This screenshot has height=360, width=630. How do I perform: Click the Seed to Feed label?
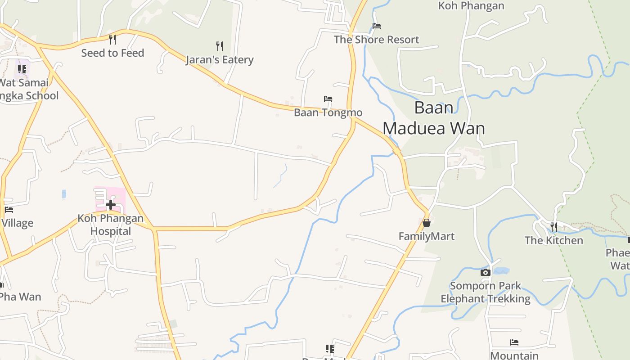(112, 53)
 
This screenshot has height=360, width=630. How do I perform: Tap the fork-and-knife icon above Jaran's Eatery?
(220, 46)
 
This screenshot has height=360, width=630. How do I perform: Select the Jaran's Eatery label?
(220, 60)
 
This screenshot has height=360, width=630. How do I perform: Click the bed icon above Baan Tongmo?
(328, 99)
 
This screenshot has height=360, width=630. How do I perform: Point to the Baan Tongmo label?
(328, 112)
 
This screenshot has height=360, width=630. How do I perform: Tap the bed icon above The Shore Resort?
(377, 26)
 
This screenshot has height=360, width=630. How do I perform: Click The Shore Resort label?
(377, 40)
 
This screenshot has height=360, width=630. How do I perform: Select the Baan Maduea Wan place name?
(434, 118)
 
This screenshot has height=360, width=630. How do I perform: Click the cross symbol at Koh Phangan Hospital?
(110, 205)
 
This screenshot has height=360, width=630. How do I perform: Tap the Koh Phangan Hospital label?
(111, 225)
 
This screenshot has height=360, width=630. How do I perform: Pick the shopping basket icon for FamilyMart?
(427, 223)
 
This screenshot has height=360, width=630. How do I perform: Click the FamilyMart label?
(427, 236)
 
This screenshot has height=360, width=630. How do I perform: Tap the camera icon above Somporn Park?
(485, 272)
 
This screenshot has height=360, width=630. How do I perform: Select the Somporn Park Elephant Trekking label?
(486, 292)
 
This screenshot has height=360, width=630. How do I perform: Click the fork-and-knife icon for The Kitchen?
(554, 226)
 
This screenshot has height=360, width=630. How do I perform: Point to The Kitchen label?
(554, 240)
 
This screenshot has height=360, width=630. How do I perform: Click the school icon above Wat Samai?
(22, 69)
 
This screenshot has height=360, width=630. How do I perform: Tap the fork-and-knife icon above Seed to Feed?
(112, 40)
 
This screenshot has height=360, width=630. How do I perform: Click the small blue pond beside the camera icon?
(501, 271)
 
